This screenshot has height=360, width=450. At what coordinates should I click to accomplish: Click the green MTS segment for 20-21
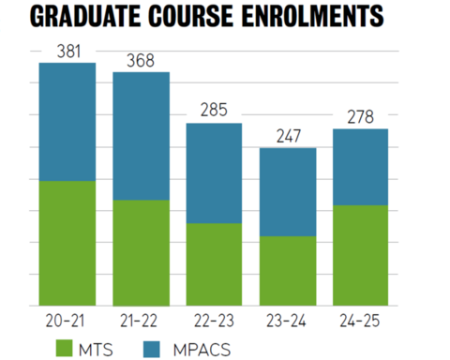click(x=67, y=242)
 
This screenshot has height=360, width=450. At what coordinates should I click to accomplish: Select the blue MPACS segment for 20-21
click(x=67, y=122)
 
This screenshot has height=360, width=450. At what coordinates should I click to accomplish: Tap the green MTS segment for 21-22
click(x=141, y=252)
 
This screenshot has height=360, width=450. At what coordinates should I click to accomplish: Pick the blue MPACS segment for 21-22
click(x=141, y=136)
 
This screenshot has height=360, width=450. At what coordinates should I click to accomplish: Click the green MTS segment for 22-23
click(x=214, y=263)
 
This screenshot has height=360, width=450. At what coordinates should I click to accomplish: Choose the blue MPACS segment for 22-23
click(x=214, y=173)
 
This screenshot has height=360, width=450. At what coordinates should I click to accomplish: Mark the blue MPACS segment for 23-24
click(x=288, y=192)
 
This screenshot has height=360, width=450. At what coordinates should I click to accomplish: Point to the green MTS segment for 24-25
click(x=361, y=254)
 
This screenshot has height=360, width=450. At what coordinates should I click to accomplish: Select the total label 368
click(x=141, y=61)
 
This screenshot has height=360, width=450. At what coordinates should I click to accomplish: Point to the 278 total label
click(x=361, y=117)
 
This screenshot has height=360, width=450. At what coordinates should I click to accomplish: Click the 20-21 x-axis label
click(x=67, y=320)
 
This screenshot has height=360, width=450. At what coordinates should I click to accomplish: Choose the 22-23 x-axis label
click(x=214, y=320)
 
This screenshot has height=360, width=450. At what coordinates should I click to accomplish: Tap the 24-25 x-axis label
click(x=361, y=320)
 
